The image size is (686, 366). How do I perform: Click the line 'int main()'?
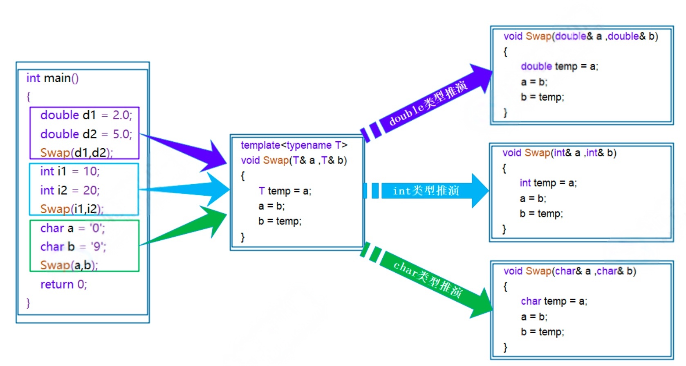[52, 78]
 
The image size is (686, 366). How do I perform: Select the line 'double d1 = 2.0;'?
[86, 115]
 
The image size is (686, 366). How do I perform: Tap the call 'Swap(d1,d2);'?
[76, 153]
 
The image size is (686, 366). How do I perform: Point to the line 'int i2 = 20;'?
[69, 190]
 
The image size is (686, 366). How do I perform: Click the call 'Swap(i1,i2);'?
[72, 209]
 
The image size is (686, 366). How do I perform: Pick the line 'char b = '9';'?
[73, 246]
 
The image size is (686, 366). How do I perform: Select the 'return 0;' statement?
[63, 284]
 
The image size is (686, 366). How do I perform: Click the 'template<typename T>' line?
[294, 145]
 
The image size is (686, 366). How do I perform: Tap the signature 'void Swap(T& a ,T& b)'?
[294, 160]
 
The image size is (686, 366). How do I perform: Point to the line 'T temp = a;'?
[285, 191]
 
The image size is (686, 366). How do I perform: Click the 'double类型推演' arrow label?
[427, 103]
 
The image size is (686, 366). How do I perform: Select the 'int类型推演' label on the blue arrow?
[426, 191]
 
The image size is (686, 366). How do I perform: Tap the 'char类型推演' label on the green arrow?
[428, 279]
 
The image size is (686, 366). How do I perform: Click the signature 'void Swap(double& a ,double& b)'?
[581, 36]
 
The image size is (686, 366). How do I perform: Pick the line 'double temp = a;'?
[559, 66]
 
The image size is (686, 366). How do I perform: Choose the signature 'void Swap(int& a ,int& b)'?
[559, 153]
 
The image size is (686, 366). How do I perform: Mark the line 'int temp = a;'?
[548, 183]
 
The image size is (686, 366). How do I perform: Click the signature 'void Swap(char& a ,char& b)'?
[569, 271]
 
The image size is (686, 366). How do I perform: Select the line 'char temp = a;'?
[554, 301]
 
